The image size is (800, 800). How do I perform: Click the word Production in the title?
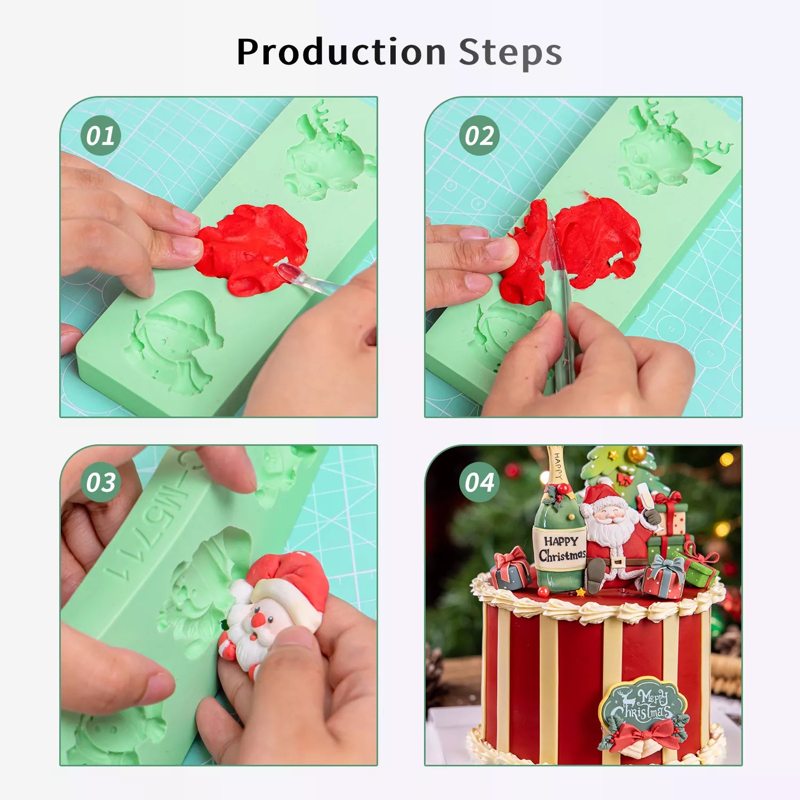coord(341,52)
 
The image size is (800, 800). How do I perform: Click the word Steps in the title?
coord(510,53)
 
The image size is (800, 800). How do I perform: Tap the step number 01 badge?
coord(101,135)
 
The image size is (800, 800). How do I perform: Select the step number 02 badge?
coord(479,135)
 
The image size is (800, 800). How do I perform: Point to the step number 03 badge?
coord(101,482)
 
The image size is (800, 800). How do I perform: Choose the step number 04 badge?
coord(479,482)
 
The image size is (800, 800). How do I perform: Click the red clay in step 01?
coord(251,248)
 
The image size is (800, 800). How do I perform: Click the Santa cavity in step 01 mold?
coord(173,341)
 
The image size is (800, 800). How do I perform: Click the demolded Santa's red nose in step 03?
coord(258,620)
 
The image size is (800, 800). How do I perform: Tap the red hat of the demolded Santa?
coord(291,581)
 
